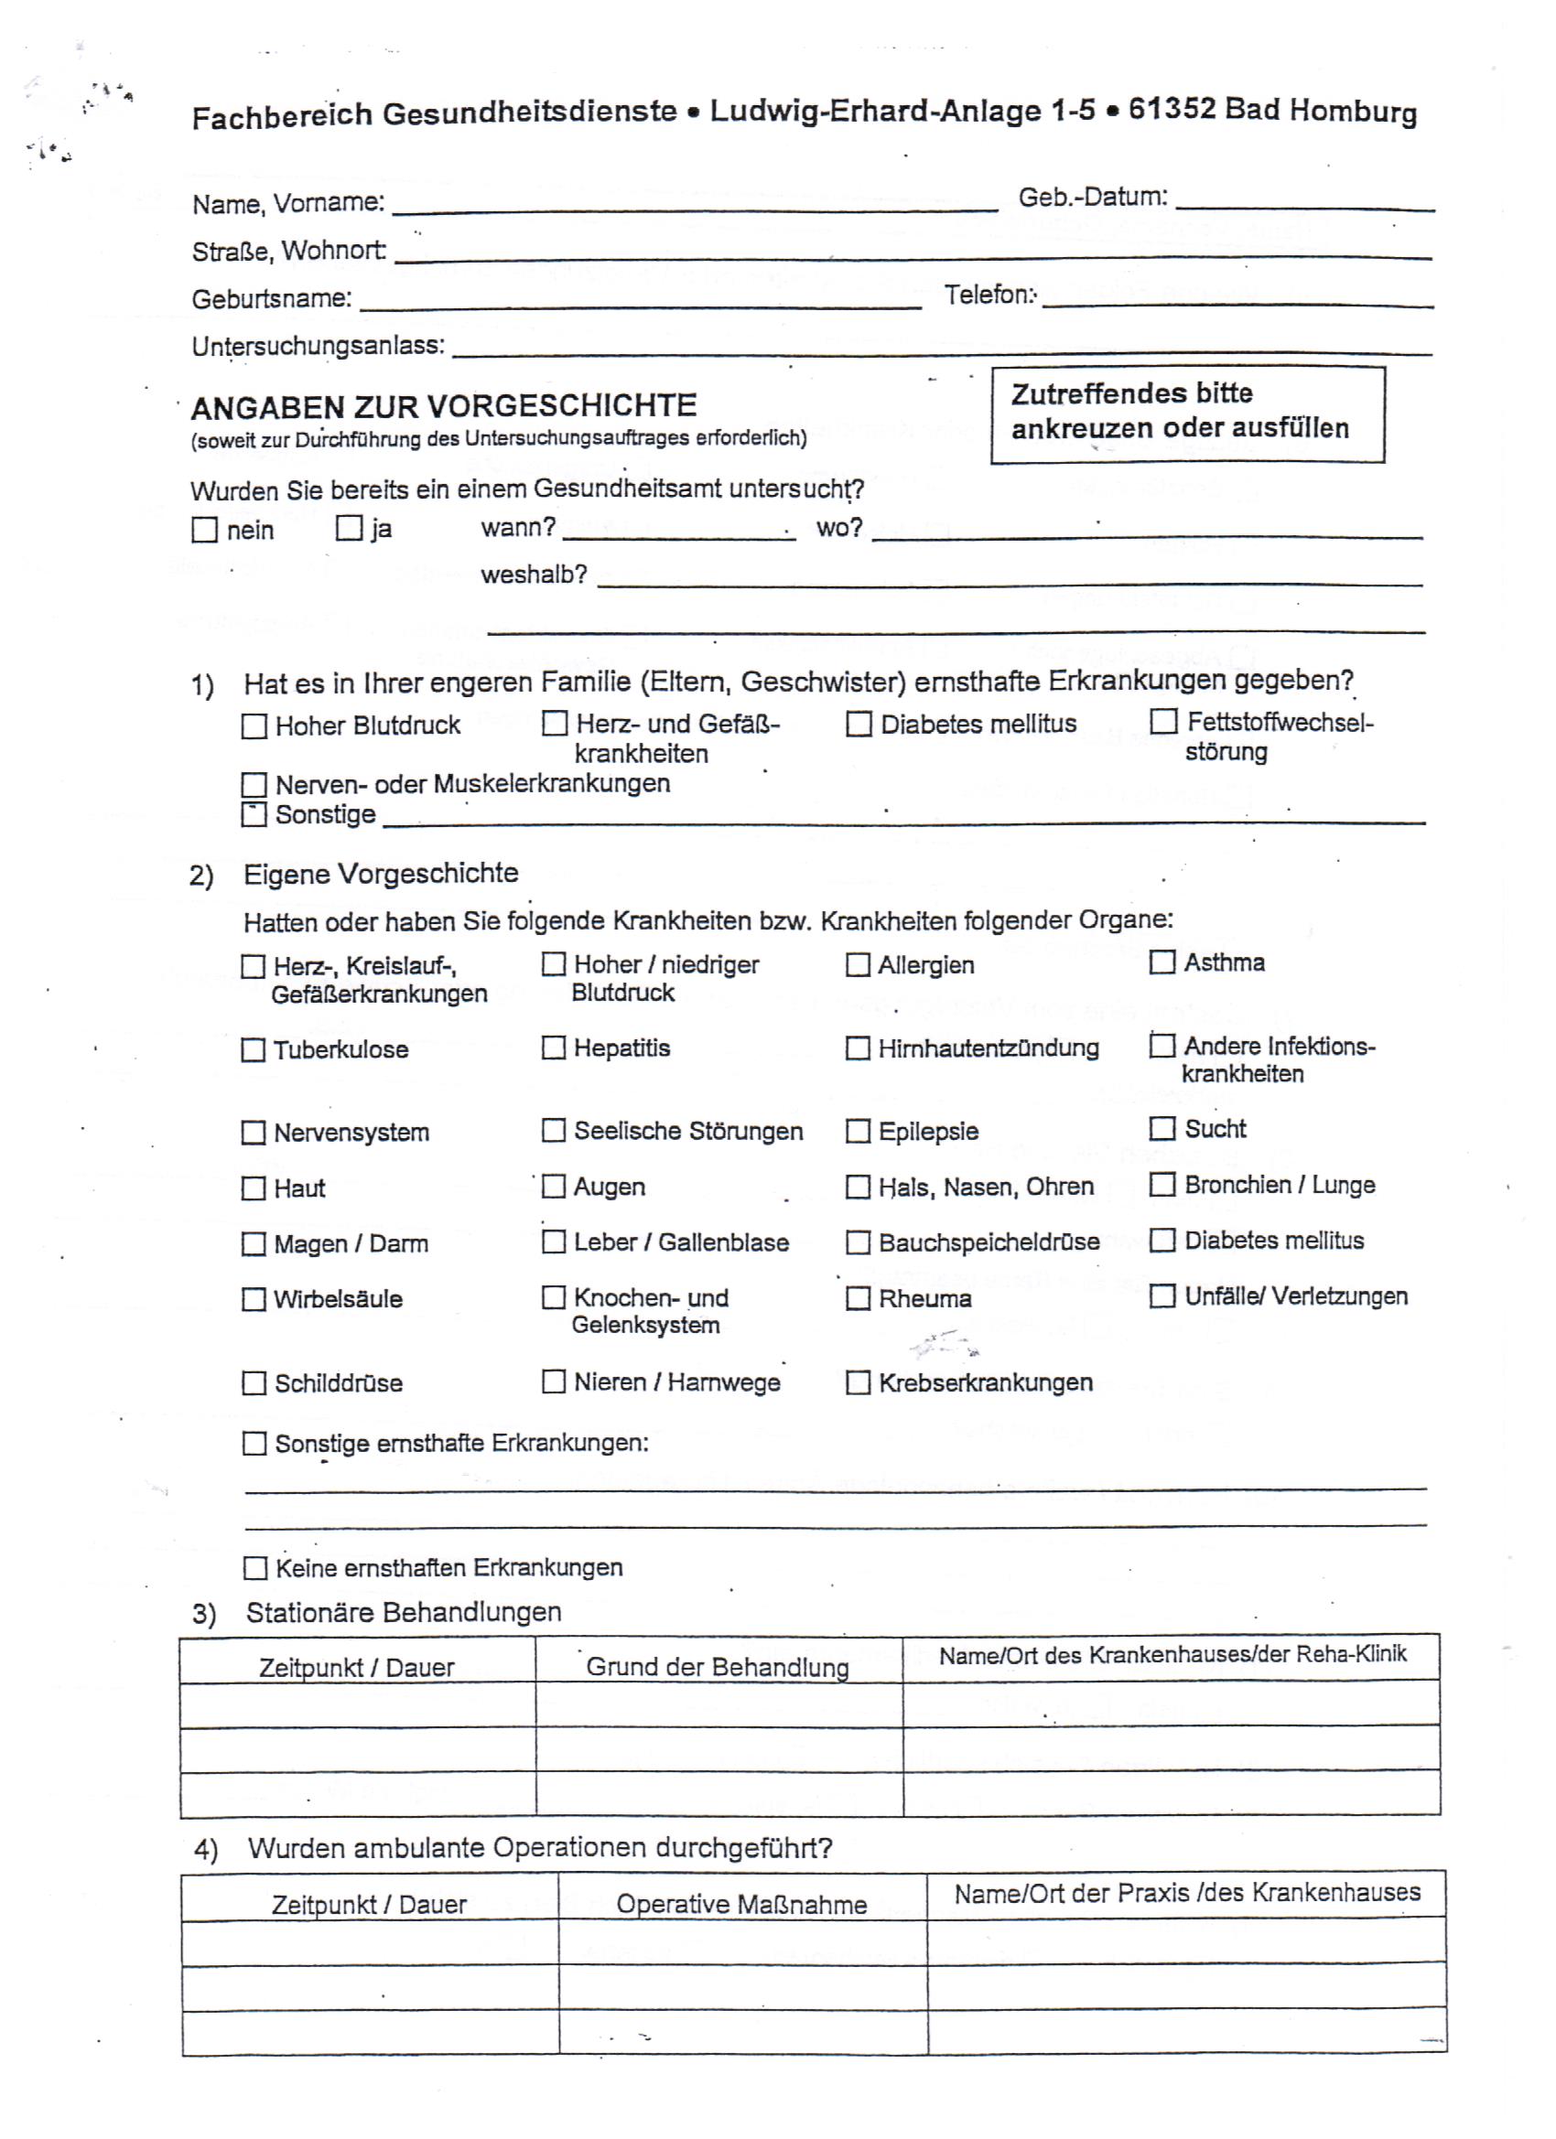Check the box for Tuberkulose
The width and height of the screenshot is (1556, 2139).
tap(253, 1049)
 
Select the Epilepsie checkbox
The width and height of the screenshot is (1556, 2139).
tap(858, 1131)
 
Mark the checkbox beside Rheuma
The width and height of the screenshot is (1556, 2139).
tap(858, 1299)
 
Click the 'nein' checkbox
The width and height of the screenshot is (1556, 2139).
tap(204, 529)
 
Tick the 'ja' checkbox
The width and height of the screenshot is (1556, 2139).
tap(349, 527)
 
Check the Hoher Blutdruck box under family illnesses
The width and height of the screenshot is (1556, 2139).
tap(254, 726)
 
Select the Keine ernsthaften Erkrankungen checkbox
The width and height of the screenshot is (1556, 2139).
tap(254, 1568)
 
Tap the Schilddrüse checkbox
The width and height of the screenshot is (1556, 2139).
tap(254, 1382)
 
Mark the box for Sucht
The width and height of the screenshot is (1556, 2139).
tap(1162, 1128)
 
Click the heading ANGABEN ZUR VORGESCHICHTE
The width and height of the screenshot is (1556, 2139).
tap(444, 406)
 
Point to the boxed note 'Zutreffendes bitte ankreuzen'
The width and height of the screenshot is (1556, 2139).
tap(1187, 414)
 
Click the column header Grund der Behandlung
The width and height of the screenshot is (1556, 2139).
tap(718, 1668)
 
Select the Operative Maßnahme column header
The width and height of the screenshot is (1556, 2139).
tap(741, 1904)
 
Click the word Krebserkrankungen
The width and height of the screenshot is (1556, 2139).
tap(985, 1382)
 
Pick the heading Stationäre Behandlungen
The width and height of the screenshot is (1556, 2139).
tap(403, 1612)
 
